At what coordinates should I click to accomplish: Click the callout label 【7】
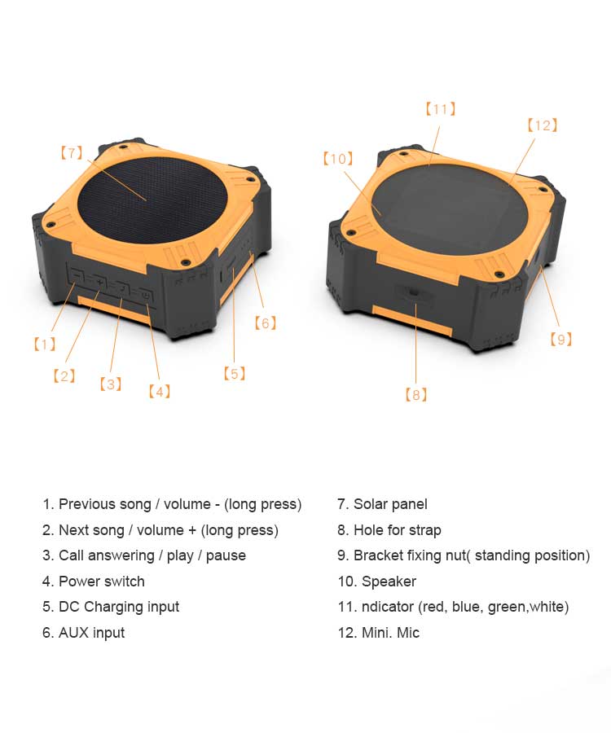72,153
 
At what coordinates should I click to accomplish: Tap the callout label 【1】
45,345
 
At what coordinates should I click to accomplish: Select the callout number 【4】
160,391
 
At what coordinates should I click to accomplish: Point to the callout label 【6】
265,323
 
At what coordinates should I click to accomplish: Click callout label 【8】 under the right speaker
415,395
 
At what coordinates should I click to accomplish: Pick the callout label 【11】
441,109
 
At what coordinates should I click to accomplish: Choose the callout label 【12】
543,125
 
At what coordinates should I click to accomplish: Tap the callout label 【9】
561,340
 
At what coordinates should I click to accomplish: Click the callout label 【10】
338,159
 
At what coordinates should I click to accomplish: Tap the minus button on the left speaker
77,277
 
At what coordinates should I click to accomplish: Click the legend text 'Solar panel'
390,504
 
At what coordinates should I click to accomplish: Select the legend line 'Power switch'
102,582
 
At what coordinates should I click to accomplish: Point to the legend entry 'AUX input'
91,633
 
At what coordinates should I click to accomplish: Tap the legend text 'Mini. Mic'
390,633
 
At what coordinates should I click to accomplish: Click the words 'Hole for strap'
398,530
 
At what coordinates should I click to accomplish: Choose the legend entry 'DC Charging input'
119,608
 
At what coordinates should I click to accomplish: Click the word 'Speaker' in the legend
389,582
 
